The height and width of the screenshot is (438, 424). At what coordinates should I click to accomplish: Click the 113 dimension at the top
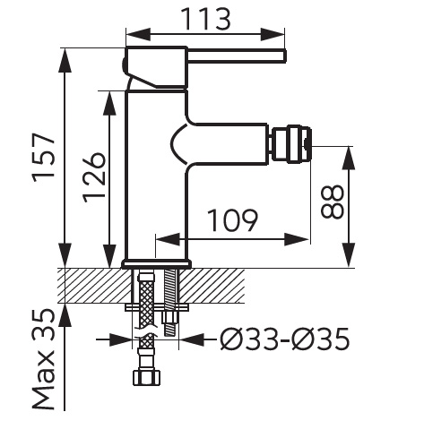206,19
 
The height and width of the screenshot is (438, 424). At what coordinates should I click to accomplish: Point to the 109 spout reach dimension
232,220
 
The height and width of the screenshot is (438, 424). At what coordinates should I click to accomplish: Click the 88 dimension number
333,202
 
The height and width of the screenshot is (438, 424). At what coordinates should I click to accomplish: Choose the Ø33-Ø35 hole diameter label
285,339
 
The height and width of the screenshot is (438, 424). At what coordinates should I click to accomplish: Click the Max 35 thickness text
44,359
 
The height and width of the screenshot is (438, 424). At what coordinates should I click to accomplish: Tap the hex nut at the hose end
146,377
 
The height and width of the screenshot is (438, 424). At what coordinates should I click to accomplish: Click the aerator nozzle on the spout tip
292,144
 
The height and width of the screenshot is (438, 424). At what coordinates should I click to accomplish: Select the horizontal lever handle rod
237,56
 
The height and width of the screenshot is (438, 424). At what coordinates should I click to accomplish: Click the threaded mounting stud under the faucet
170,302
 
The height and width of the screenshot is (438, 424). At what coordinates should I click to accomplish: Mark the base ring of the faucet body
156,264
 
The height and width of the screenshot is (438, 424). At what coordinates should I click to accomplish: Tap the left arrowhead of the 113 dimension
138,35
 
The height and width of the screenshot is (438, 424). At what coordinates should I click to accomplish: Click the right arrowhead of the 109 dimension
296,239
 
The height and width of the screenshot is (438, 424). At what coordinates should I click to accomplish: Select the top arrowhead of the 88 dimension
349,159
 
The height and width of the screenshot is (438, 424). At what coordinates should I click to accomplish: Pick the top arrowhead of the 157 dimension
65,60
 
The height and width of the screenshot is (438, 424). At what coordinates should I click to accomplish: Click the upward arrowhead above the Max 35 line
65,316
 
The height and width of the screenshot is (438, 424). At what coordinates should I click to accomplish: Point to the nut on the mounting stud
170,316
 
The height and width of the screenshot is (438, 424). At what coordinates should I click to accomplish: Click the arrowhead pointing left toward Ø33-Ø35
191,339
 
